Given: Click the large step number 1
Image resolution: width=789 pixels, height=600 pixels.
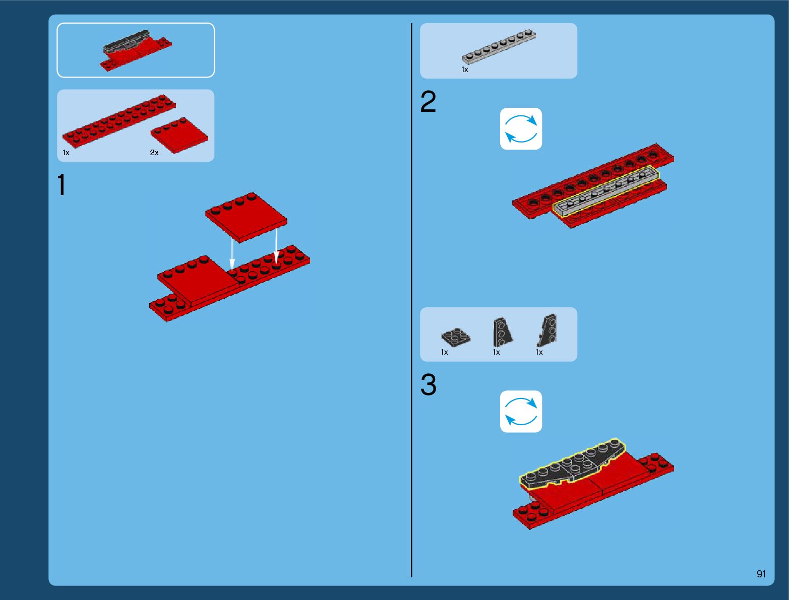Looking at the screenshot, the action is point(62,184).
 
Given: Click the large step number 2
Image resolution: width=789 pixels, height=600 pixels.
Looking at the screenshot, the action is point(428,101).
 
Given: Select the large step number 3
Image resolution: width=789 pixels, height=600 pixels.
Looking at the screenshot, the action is point(429,384).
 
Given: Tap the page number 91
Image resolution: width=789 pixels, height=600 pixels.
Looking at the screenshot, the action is point(761,574).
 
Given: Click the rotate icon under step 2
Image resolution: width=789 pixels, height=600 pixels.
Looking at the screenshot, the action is point(521,128).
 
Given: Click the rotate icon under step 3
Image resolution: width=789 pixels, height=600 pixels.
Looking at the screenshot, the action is point(521,412).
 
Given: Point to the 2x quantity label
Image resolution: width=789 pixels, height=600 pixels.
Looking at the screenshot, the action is point(154,153).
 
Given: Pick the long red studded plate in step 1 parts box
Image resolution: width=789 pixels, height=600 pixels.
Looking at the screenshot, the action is point(119,121).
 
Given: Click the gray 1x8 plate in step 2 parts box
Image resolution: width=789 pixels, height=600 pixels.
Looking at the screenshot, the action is point(499,47).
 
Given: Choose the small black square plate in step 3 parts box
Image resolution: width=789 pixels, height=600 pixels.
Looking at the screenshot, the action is point(456,338).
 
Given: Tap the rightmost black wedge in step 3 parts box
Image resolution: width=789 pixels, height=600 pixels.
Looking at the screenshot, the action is point(548,330).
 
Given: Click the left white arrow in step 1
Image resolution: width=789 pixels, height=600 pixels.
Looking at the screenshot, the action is point(232,254).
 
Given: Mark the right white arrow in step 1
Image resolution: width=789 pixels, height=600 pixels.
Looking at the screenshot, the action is point(276,246).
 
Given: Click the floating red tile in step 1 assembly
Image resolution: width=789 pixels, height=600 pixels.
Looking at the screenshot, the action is point(246,217).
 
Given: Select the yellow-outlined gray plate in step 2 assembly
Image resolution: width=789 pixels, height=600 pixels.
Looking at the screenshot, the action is point(606,191).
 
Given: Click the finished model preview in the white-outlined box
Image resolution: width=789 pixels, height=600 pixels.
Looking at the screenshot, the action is point(136,50).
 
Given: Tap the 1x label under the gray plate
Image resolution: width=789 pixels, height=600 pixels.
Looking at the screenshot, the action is point(465,70).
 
